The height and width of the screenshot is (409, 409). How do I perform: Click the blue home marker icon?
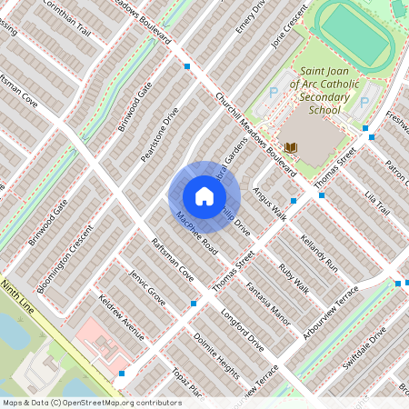point(204,196)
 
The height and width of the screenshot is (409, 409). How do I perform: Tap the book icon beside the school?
point(291,147)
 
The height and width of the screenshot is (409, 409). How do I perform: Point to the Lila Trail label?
point(376,204)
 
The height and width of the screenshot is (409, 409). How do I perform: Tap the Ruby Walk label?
point(294,277)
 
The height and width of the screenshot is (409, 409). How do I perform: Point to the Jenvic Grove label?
point(147,284)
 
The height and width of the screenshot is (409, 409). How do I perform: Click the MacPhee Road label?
point(198,234)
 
